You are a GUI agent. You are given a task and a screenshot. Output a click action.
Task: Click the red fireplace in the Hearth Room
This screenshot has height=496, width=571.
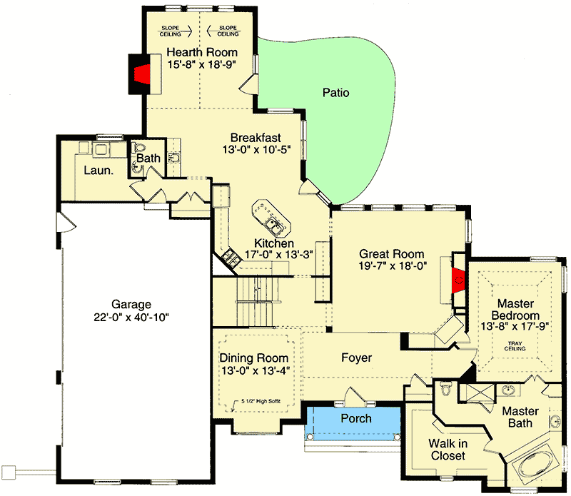pyautogui.click(x=142, y=74)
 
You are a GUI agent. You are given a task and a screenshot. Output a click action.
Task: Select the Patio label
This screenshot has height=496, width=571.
pyautogui.click(x=335, y=93)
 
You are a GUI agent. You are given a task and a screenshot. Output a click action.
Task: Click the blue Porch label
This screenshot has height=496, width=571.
pyautogui.click(x=355, y=418)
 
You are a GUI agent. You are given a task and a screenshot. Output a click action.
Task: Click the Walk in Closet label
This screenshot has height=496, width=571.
pyautogui.click(x=448, y=450)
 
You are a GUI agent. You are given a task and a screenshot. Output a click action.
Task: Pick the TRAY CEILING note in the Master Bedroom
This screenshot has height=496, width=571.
pyautogui.click(x=515, y=348)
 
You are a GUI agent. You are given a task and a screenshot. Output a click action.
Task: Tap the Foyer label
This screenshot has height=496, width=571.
pyautogui.click(x=357, y=358)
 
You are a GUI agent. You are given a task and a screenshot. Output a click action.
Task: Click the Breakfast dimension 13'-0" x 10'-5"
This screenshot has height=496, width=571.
pyautogui.click(x=256, y=150)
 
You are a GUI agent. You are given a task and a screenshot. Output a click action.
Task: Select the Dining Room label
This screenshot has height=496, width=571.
pyautogui.click(x=254, y=358)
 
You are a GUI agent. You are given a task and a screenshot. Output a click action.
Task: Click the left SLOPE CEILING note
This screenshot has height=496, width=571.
pyautogui.click(x=173, y=30)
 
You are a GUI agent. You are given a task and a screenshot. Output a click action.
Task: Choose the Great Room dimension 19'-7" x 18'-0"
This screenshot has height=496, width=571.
pyautogui.click(x=392, y=266)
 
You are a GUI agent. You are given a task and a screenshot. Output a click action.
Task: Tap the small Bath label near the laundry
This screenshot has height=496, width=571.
pyautogui.click(x=148, y=158)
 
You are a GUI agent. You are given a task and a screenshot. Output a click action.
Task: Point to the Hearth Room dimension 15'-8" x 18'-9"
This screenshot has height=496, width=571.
pyautogui.click(x=202, y=64)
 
